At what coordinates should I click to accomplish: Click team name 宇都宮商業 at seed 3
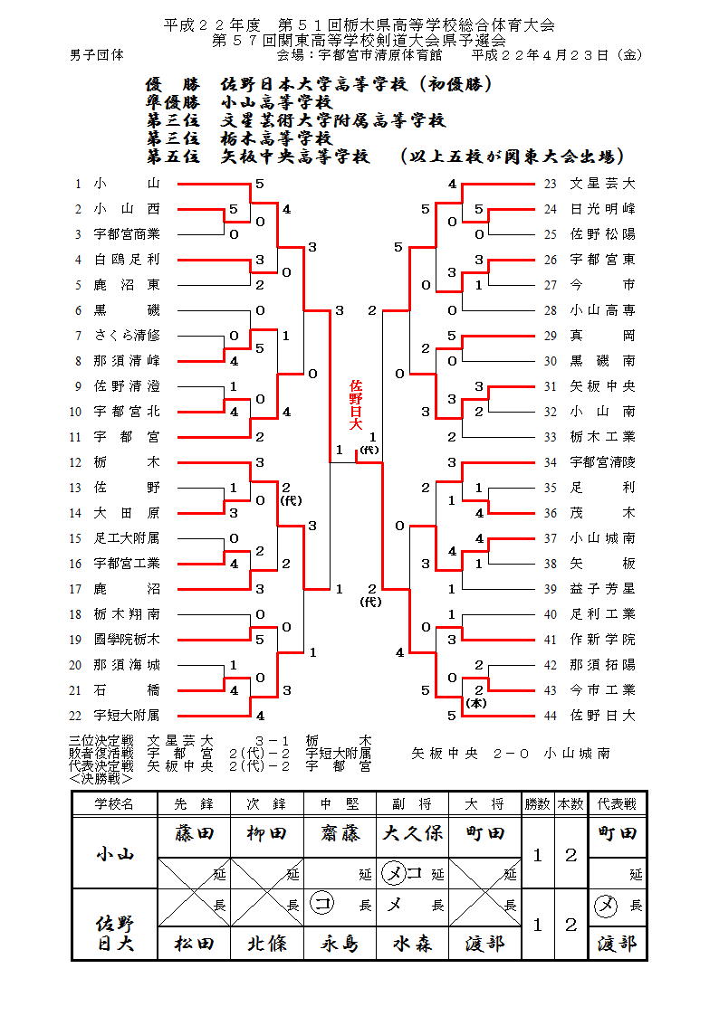click(x=127, y=234)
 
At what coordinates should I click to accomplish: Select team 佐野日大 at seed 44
click(x=602, y=716)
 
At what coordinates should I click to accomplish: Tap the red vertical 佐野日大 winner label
click(x=356, y=404)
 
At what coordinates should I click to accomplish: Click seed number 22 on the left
click(x=78, y=716)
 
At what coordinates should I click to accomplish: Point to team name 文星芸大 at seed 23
click(x=602, y=184)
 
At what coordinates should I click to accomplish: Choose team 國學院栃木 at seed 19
click(x=127, y=640)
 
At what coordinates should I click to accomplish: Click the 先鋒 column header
click(x=194, y=803)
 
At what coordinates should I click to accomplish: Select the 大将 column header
click(x=485, y=803)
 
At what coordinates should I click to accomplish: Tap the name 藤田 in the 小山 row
click(x=194, y=833)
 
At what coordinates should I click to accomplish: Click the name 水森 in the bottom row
click(x=412, y=944)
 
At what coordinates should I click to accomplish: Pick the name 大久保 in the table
click(x=412, y=833)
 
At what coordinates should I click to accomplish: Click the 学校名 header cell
click(x=115, y=803)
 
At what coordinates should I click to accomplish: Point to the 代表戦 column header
click(x=617, y=803)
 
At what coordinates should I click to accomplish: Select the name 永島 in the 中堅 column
click(x=340, y=944)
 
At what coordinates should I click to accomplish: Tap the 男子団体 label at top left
click(x=97, y=54)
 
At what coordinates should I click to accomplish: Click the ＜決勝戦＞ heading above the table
click(x=101, y=778)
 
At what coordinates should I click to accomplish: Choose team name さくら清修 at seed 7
click(x=127, y=336)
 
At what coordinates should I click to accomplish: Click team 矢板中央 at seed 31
click(x=602, y=386)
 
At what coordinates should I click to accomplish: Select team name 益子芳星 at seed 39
click(x=602, y=589)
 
